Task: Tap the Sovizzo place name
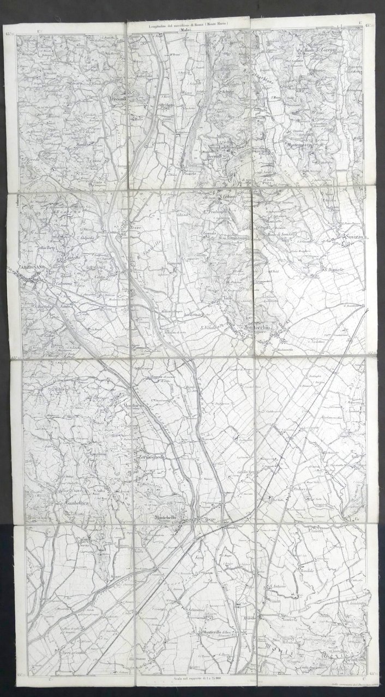[352, 238]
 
